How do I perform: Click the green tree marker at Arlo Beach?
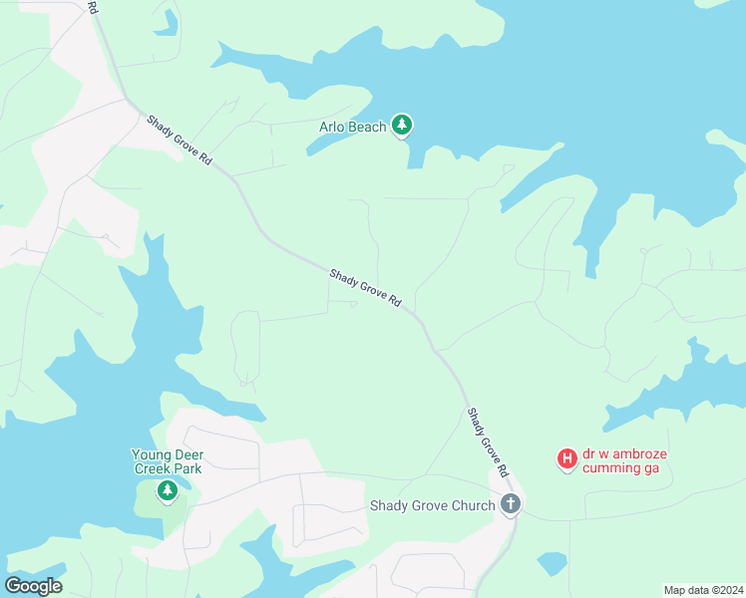coord(402,126)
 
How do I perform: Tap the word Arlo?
coord(332,127)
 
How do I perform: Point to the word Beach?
coord(367,127)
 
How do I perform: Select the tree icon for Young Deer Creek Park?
coord(168,489)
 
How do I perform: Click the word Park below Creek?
coord(187,468)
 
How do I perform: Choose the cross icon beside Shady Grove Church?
coord(511,504)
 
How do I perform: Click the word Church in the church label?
coord(472,505)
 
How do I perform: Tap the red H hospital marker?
coord(566,459)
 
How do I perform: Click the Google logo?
coord(33,586)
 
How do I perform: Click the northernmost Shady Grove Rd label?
coord(181,141)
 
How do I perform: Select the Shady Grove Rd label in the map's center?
coord(365,287)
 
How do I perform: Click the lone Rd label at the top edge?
coord(93,7)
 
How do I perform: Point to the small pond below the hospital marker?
coord(552,564)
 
